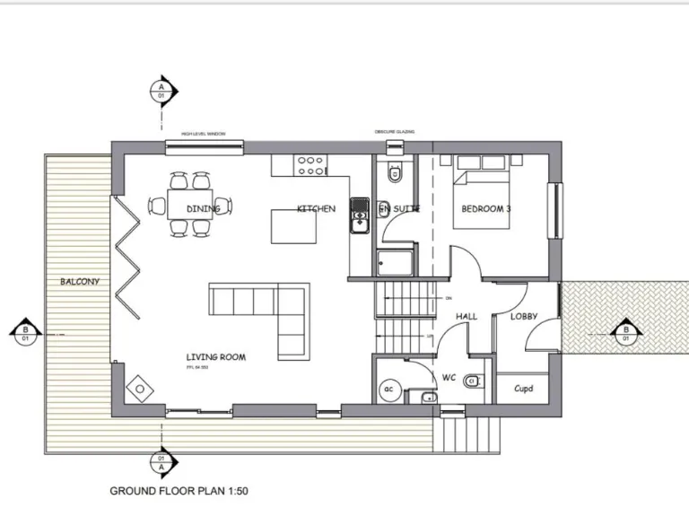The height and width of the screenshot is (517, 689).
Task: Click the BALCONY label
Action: [80, 282]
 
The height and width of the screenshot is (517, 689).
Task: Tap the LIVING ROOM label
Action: [215, 357]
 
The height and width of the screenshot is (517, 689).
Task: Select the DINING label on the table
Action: [204, 209]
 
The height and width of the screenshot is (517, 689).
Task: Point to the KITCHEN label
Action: [316, 209]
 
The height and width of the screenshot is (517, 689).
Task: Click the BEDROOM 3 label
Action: [486, 209]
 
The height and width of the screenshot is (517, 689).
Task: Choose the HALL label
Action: [467, 317]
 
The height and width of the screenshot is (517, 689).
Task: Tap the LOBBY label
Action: [524, 317]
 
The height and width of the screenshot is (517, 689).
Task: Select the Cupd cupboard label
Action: [524, 389]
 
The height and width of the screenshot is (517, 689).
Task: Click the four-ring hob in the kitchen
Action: [310, 165]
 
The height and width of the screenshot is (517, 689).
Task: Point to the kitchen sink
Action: [360, 215]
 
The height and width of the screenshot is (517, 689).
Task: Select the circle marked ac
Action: [389, 389]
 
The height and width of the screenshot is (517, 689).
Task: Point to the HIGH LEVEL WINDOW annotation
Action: [203, 134]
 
